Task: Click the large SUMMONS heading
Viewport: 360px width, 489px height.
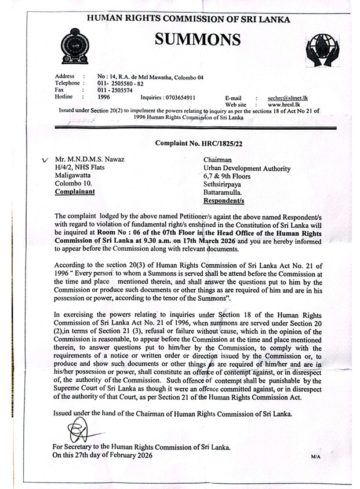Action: pos(197,39)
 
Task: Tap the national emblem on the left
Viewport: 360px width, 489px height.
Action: pos(75,47)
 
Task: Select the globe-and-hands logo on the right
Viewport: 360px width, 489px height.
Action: pos(322,49)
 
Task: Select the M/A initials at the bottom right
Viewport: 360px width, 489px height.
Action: pos(315,457)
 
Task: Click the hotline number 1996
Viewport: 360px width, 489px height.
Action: pos(107,97)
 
